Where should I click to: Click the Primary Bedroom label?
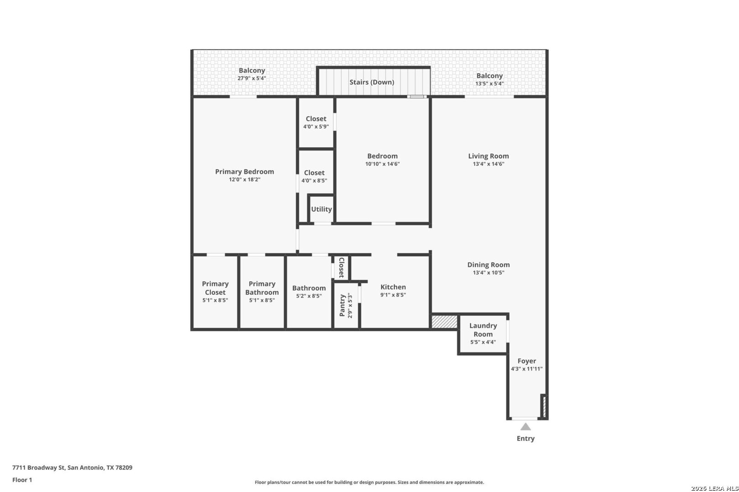245,171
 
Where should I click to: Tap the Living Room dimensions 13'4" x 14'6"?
488,164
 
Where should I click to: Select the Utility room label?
321,209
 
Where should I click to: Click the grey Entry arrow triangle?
526,427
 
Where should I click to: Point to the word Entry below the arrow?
526,438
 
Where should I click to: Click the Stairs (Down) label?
372,82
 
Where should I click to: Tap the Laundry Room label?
483,330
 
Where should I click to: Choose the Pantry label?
342,306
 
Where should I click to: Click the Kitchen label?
393,287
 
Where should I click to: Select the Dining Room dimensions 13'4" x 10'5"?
488,272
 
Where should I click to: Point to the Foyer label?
526,361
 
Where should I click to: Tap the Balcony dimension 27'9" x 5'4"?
252,78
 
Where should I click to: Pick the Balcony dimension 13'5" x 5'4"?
489,83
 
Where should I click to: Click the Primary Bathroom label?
262,288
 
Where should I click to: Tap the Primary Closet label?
215,288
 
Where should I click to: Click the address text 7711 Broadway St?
39,467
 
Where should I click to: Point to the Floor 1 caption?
22,480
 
